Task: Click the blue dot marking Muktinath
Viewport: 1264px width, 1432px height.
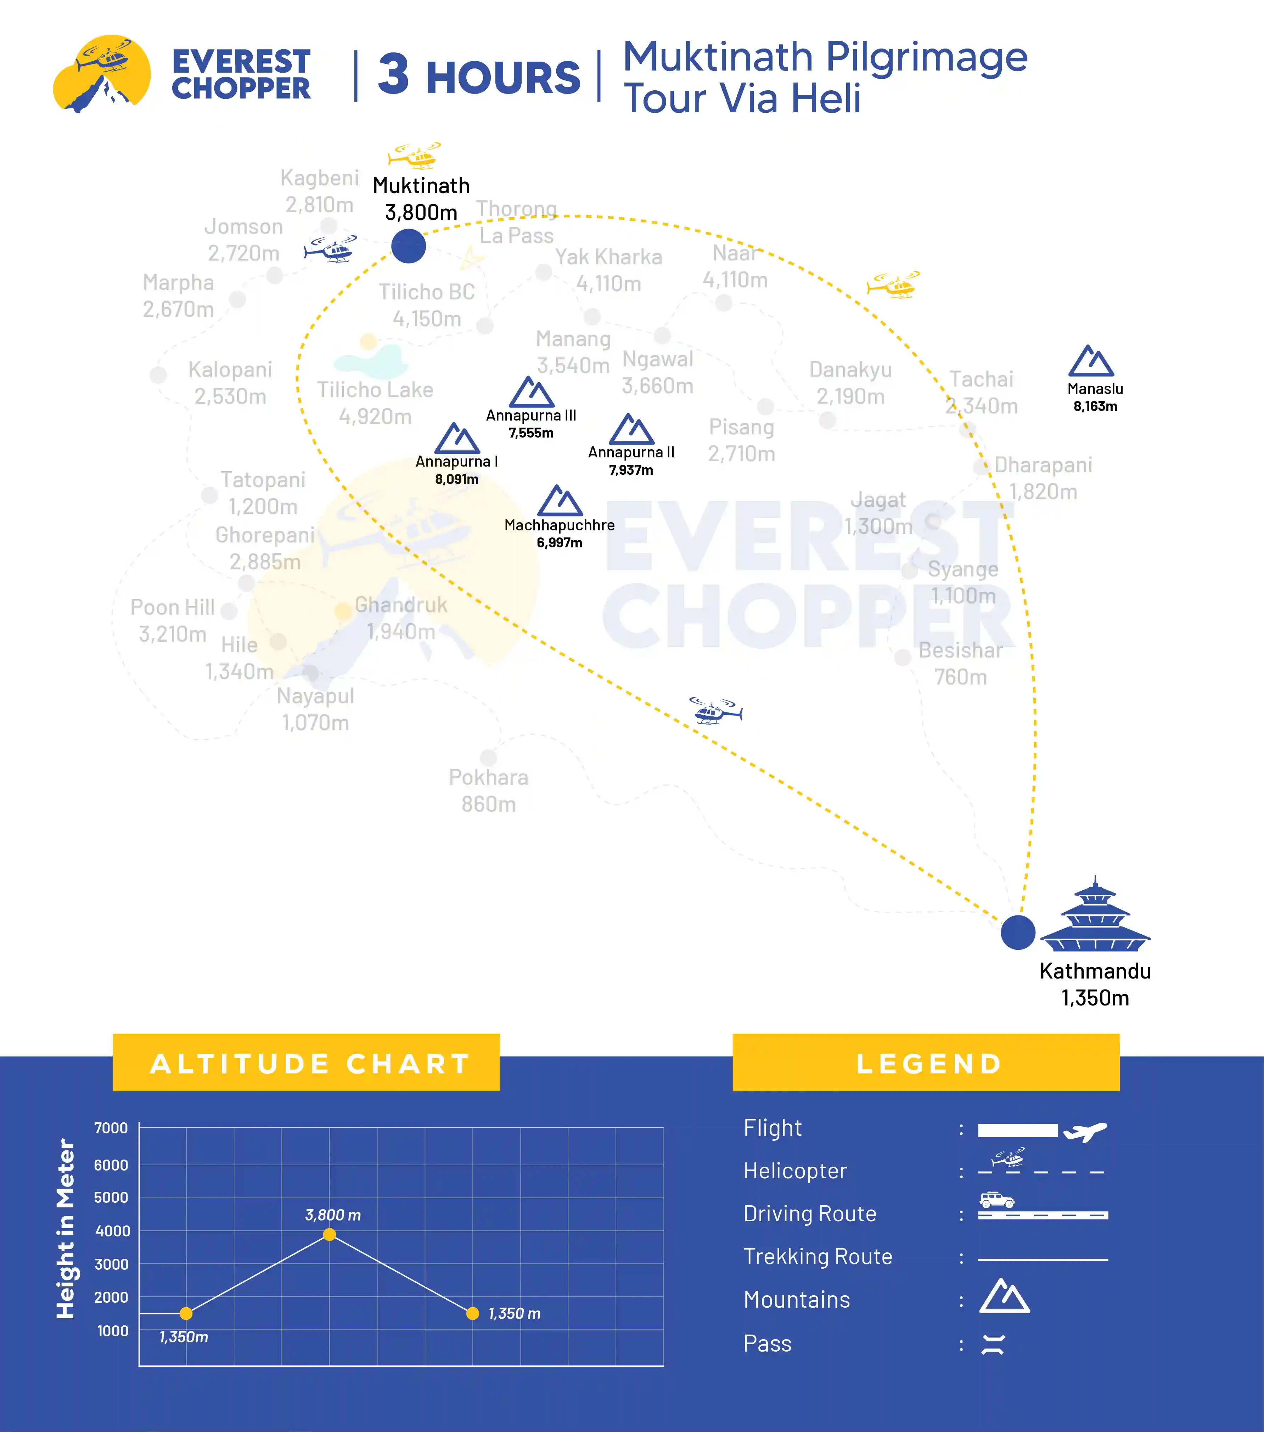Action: tap(409, 246)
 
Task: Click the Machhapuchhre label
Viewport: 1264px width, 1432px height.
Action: tap(559, 525)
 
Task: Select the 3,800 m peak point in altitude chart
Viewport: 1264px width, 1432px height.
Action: tap(329, 1234)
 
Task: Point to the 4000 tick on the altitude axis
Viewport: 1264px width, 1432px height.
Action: tap(112, 1231)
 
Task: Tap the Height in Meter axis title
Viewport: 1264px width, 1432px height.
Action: tap(65, 1228)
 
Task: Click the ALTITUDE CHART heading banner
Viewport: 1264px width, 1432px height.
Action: tap(306, 1062)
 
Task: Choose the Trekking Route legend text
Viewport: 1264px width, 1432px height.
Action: tap(818, 1256)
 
